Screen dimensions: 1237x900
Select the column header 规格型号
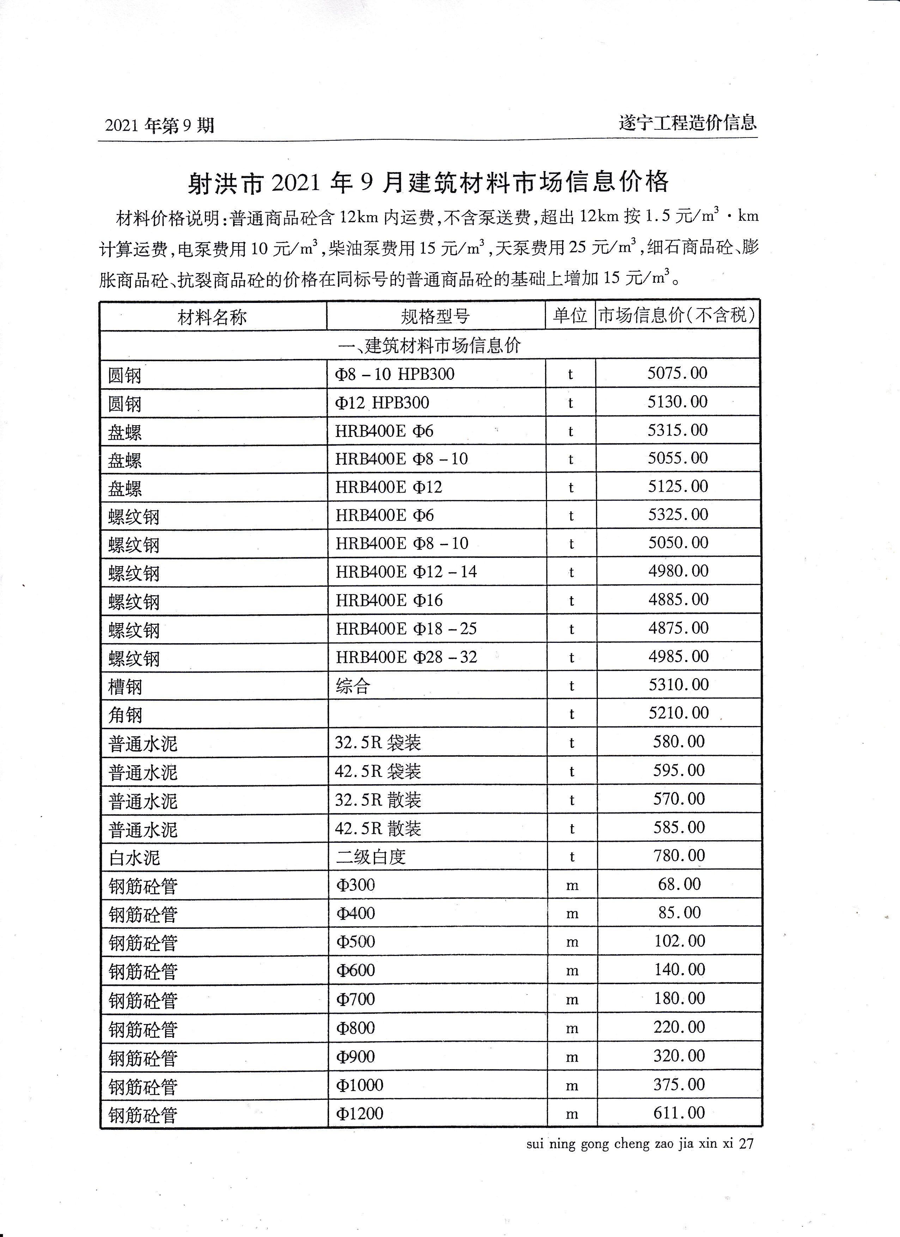pyautogui.click(x=435, y=316)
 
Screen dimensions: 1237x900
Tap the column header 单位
pyautogui.click(x=570, y=315)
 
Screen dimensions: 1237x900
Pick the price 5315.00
pyautogui.click(x=677, y=430)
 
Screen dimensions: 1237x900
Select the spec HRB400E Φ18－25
pyautogui.click(x=406, y=628)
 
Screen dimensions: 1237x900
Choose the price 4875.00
pyautogui.click(x=678, y=627)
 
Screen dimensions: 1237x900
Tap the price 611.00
pyautogui.click(x=679, y=1112)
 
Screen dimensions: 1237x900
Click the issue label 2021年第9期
pyautogui.click(x=159, y=126)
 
